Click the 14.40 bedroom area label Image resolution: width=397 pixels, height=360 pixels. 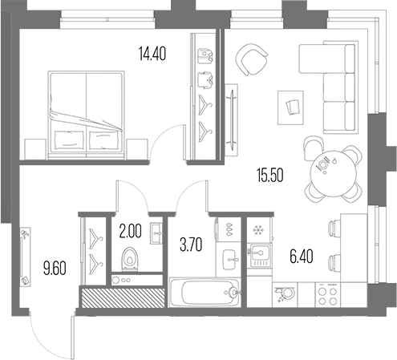[152, 54]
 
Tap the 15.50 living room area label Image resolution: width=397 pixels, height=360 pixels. [270, 175]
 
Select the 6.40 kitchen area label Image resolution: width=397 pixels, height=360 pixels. [301, 256]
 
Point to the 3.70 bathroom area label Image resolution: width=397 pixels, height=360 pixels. [191, 245]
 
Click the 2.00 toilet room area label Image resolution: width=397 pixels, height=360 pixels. [130, 231]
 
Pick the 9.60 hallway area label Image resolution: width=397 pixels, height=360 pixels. [55, 269]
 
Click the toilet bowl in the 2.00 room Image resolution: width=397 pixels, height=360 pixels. [129, 259]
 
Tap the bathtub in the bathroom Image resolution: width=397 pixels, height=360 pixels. [205, 292]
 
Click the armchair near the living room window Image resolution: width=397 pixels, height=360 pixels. [251, 59]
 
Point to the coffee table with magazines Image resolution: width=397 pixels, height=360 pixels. [290, 107]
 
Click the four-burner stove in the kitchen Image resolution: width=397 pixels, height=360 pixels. [328, 295]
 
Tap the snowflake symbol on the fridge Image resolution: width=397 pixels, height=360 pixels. [258, 230]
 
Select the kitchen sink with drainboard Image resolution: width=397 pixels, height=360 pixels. [259, 255]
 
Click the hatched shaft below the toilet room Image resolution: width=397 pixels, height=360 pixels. [123, 298]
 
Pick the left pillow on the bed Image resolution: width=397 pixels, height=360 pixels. [69, 140]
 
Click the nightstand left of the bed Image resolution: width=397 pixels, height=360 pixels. [35, 149]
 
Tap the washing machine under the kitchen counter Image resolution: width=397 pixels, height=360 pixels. [285, 295]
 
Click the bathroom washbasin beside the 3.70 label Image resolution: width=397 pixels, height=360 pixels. [229, 260]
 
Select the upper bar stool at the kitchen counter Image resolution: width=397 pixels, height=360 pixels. [334, 229]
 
